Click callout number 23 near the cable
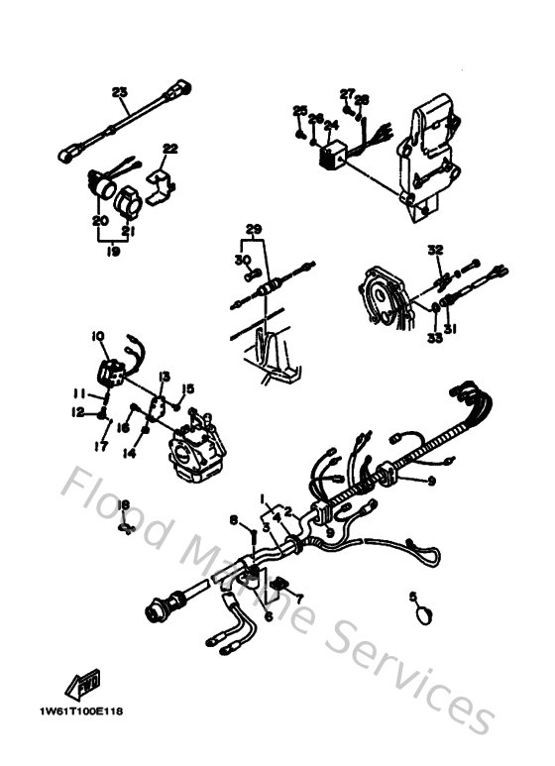pyautogui.click(x=120, y=94)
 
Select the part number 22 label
pyautogui.click(x=170, y=150)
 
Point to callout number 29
pyautogui.click(x=255, y=230)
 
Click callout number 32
pyautogui.click(x=434, y=249)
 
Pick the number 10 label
pyautogui.click(x=98, y=337)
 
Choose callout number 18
pyautogui.click(x=124, y=506)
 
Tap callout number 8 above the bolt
pyautogui.click(x=233, y=520)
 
